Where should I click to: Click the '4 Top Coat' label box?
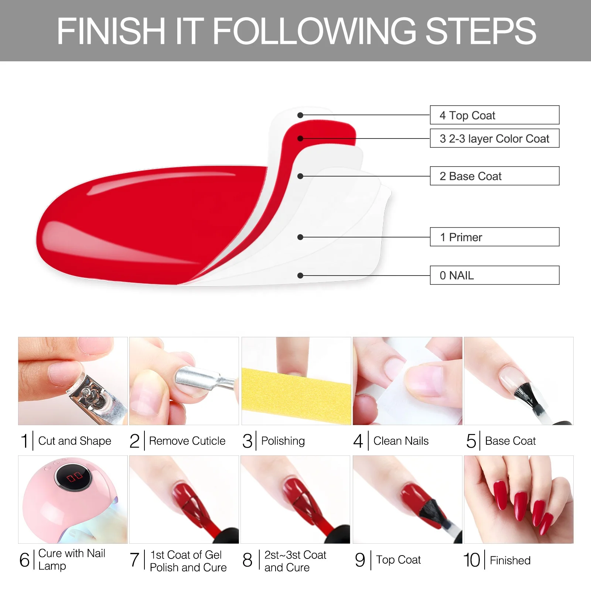(494, 115)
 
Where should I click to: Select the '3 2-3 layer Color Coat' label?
(494, 139)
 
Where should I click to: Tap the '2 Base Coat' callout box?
(494, 176)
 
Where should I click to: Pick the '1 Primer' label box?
(494, 237)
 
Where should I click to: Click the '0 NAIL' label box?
(494, 276)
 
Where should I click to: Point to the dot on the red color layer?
(300, 139)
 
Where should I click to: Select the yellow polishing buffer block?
(295, 395)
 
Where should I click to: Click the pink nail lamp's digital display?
(74, 477)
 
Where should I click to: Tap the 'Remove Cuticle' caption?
(187, 441)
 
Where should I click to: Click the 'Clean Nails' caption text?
(401, 441)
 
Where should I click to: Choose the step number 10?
(472, 560)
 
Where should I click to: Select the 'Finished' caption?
(510, 561)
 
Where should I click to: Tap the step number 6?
(24, 560)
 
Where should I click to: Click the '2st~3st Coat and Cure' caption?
(295, 561)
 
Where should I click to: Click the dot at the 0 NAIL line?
(300, 276)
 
